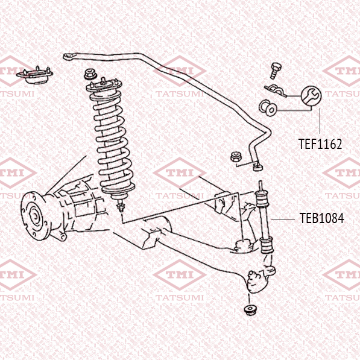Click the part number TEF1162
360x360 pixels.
320,144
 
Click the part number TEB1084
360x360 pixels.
321,218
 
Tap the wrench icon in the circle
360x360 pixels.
311,96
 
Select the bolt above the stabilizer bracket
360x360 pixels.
276,71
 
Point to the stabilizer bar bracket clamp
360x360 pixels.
276,90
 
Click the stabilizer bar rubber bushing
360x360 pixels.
268,108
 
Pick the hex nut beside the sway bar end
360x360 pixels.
236,157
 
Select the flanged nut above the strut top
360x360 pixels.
90,74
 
